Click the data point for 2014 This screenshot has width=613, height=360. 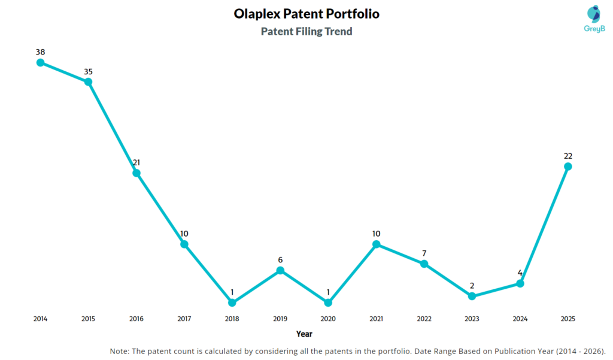[x=40, y=62]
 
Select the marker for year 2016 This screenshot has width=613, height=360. [x=136, y=173]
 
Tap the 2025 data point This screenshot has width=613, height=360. [x=568, y=167]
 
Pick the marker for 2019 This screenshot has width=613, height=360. [x=280, y=271]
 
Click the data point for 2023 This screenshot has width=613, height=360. [x=472, y=297]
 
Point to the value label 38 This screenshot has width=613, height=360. [x=40, y=52]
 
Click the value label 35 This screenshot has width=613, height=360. [x=88, y=71]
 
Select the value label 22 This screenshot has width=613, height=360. [x=568, y=156]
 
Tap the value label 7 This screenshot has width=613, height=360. [x=424, y=253]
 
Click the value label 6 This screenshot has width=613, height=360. [x=280, y=260]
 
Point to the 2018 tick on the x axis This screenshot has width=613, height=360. [x=232, y=319]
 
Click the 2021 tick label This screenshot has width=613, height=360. [x=376, y=319]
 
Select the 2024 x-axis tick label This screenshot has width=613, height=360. [x=520, y=319]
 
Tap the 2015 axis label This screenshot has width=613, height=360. [x=88, y=319]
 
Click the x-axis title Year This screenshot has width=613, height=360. [x=304, y=334]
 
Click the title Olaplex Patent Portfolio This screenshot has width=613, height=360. [x=306, y=14]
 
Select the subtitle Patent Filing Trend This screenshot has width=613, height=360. [x=306, y=32]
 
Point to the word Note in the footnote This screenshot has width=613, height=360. [x=119, y=350]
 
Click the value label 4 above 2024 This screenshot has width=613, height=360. [x=520, y=273]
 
